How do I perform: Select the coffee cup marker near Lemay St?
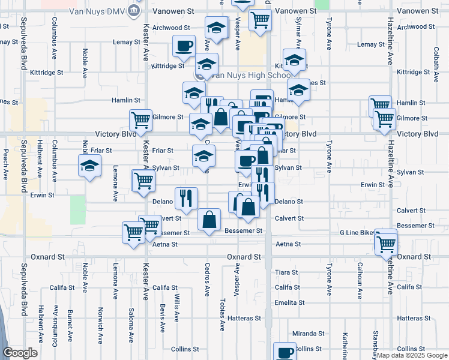coord(184,45)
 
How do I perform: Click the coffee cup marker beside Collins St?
coord(285,352)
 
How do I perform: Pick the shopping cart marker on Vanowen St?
coord(261,20)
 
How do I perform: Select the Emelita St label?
coord(286,302)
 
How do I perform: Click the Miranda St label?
coord(308,333)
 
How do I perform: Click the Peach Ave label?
coord(6,164)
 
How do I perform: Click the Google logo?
coord(20,353)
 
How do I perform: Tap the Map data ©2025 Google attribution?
coord(412,355)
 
